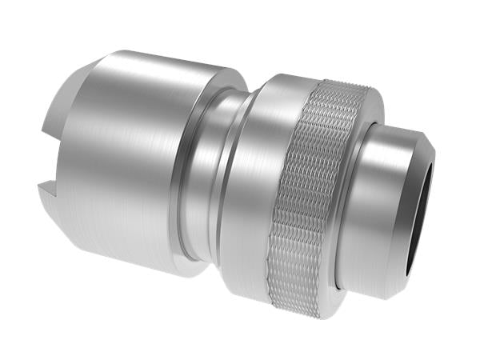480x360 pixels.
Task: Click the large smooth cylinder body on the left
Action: [x=128, y=160]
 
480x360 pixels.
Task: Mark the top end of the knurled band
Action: [x=336, y=86]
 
